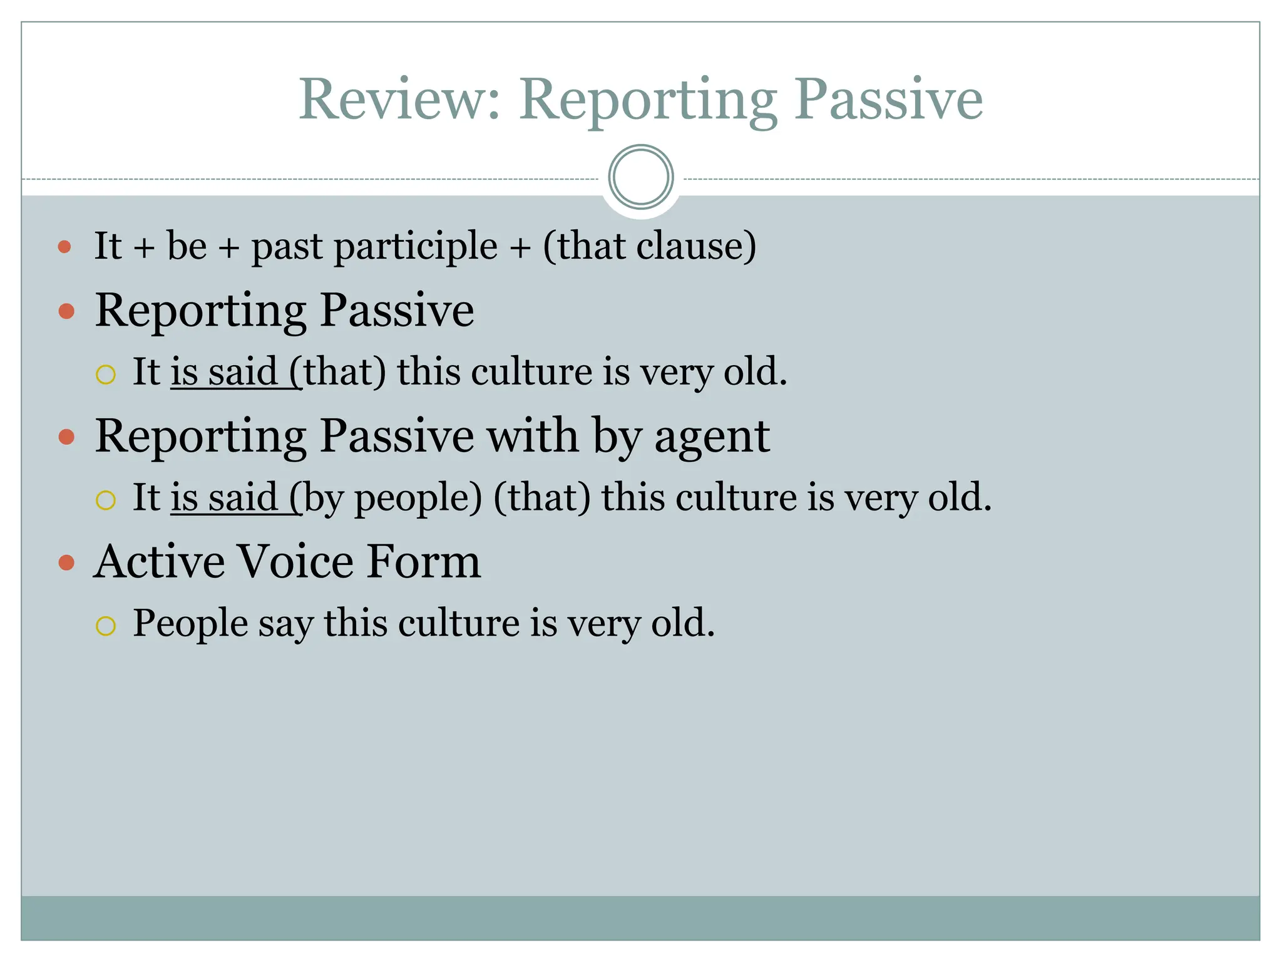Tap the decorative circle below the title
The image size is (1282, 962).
(640, 177)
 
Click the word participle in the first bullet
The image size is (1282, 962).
(416, 246)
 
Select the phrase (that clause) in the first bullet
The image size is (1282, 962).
(649, 246)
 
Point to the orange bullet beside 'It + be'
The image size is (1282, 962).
(64, 247)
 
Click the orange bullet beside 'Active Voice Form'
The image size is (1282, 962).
(66, 562)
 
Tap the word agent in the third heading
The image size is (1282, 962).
(712, 437)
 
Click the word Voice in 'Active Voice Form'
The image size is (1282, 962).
(296, 562)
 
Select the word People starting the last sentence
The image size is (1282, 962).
(190, 624)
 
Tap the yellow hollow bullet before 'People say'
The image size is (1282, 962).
(106, 626)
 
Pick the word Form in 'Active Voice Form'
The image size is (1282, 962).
(424, 562)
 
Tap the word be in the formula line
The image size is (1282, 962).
(187, 246)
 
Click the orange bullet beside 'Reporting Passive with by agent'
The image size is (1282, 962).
(66, 437)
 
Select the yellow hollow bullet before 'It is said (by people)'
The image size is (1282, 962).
(106, 500)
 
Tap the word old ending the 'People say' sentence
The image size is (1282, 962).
(681, 624)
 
